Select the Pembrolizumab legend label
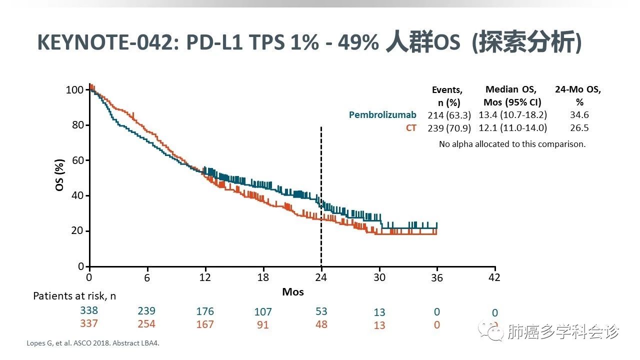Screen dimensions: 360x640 (x=382, y=115)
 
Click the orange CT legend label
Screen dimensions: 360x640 (x=410, y=128)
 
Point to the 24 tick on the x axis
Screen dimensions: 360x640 (x=321, y=277)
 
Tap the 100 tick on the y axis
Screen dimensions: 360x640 (x=74, y=90)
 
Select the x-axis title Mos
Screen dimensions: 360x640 (x=292, y=291)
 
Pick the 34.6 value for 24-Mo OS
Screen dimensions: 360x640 (x=579, y=115)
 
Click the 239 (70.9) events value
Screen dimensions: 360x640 (x=449, y=128)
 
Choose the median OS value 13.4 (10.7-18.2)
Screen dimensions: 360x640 (x=511, y=115)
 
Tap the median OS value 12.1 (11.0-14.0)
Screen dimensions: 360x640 (x=511, y=128)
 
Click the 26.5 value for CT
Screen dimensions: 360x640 (x=579, y=128)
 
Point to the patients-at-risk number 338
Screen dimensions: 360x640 (x=89, y=310)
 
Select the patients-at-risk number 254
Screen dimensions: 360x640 (x=146, y=324)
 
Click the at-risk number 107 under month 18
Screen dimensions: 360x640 (x=263, y=311)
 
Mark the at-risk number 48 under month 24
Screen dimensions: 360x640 (x=321, y=324)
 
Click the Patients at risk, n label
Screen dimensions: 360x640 (x=74, y=295)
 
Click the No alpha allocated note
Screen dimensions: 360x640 (x=512, y=144)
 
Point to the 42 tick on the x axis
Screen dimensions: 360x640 (x=494, y=277)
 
